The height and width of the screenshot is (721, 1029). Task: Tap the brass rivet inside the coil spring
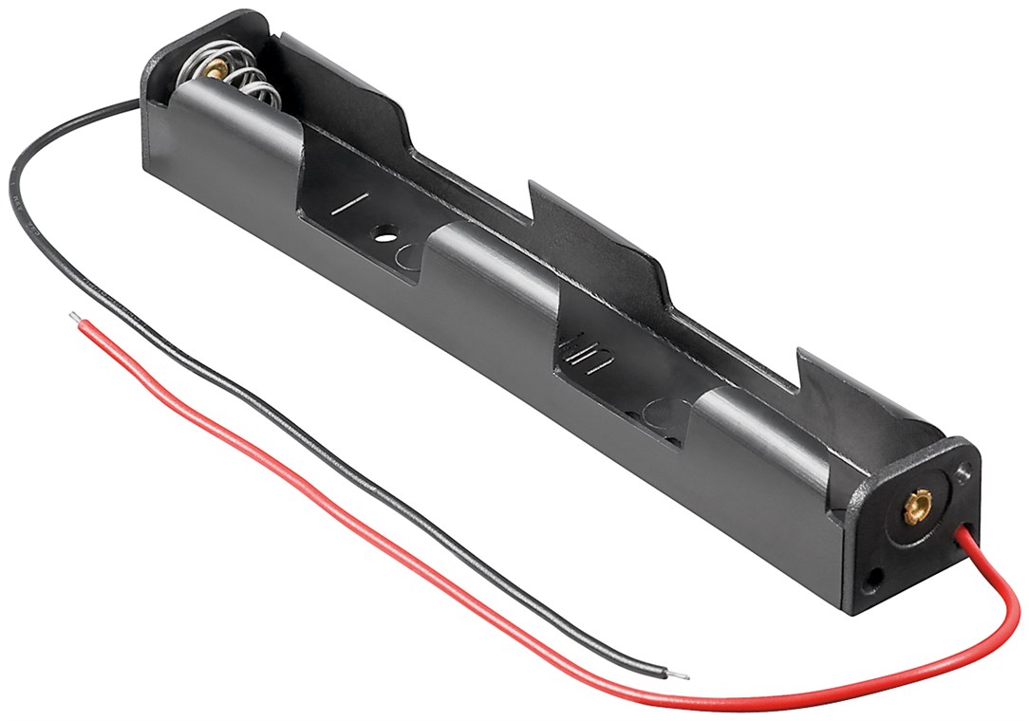pyautogui.click(x=215, y=68)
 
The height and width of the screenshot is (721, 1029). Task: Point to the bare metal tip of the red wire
pyautogui.click(x=74, y=316)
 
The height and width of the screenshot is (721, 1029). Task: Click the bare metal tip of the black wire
pyautogui.click(x=681, y=675)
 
